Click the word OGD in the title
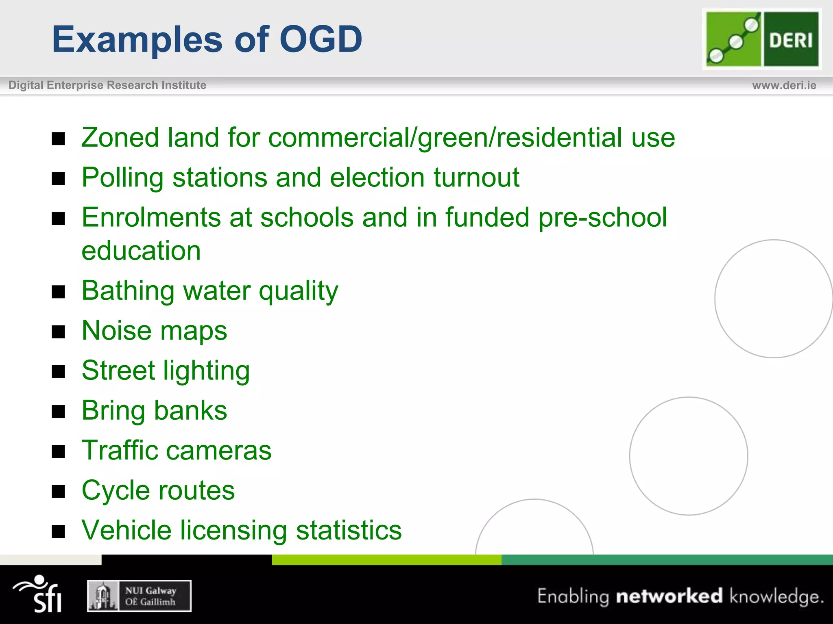tap(321, 39)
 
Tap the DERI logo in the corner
tap(762, 39)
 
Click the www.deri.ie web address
tap(784, 85)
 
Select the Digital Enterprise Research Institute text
tap(107, 85)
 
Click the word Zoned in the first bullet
tap(120, 138)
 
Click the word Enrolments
tap(150, 217)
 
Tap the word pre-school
tap(603, 218)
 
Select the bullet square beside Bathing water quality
tap(59, 292)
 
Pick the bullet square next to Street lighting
tap(59, 371)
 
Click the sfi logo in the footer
tap(39, 594)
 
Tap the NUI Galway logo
tap(139, 596)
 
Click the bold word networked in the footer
tap(669, 596)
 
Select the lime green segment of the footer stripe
tap(386, 560)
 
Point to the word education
tap(141, 251)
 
